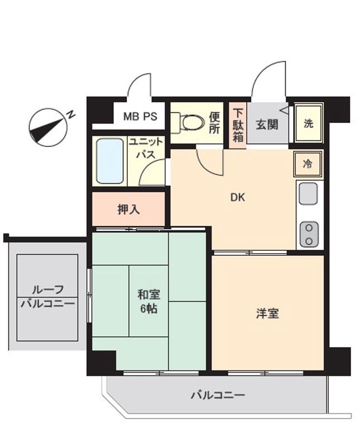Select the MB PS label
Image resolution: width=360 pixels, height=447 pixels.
point(140,118)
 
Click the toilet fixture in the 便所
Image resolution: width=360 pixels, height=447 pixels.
point(189,121)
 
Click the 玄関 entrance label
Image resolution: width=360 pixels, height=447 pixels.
point(267,124)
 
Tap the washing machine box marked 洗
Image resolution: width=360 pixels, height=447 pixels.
point(309,123)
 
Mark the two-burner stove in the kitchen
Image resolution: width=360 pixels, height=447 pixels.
point(308,234)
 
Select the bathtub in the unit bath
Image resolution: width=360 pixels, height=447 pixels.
point(109,161)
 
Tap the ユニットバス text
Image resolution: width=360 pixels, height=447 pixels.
point(146,148)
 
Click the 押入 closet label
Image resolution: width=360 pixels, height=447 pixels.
point(128,210)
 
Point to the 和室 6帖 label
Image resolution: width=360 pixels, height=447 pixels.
point(148,300)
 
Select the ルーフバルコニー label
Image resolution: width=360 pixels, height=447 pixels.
point(47,297)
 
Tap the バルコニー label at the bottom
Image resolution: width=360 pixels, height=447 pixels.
point(218,396)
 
